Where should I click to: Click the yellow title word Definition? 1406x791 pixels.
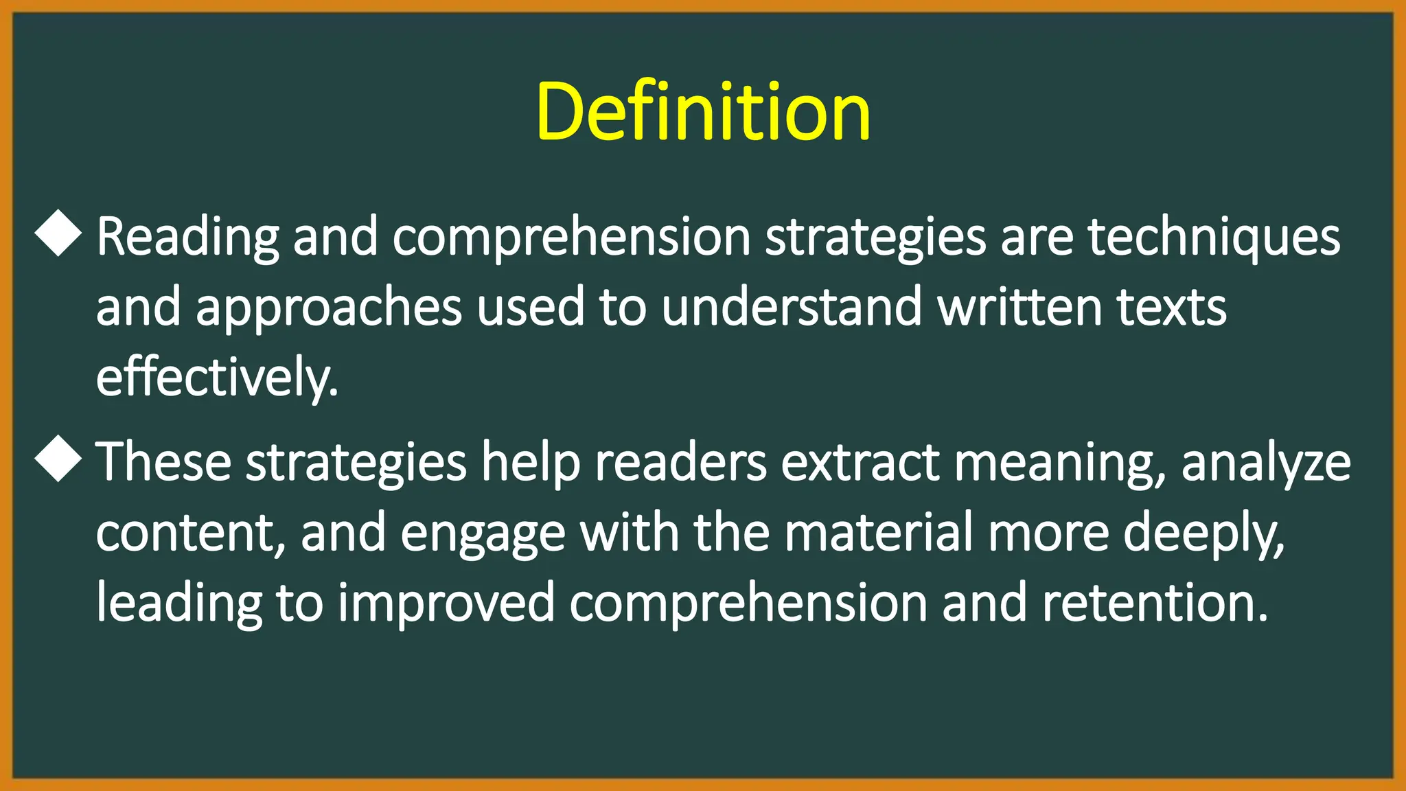pos(703,111)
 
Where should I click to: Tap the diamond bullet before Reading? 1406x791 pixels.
pos(58,234)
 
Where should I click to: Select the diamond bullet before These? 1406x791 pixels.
pos(58,459)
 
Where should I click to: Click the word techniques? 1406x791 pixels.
pos(1214,237)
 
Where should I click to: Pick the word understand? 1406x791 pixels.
pos(792,307)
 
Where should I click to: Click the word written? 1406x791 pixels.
pos(1019,307)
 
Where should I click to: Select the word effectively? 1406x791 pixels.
pos(216,378)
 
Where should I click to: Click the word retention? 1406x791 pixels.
pos(1155,603)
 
